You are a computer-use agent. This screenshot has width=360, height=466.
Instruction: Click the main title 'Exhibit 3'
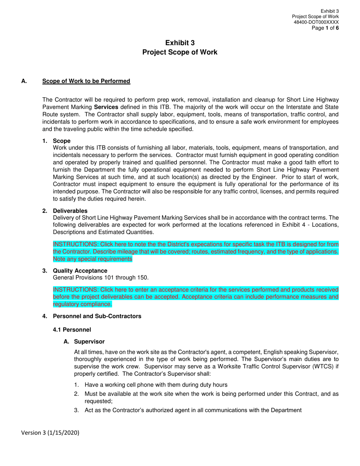coord(180,43)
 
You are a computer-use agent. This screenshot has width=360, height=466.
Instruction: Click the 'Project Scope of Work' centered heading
coord(180,52)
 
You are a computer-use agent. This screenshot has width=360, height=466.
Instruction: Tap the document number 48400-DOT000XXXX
coord(316,22)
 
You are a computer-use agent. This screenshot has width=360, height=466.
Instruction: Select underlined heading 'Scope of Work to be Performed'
coord(86,81)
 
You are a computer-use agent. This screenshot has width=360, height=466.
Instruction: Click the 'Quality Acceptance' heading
coord(80,271)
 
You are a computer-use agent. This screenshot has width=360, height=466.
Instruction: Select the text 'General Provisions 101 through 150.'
coord(100,278)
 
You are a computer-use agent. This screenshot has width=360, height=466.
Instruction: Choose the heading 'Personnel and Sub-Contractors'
coord(97,316)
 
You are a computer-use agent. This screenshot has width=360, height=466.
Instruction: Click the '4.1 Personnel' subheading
coord(72,330)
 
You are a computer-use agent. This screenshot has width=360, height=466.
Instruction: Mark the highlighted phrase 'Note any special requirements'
coord(92,259)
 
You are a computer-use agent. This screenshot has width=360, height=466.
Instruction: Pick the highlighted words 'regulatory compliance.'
coord(82,304)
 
